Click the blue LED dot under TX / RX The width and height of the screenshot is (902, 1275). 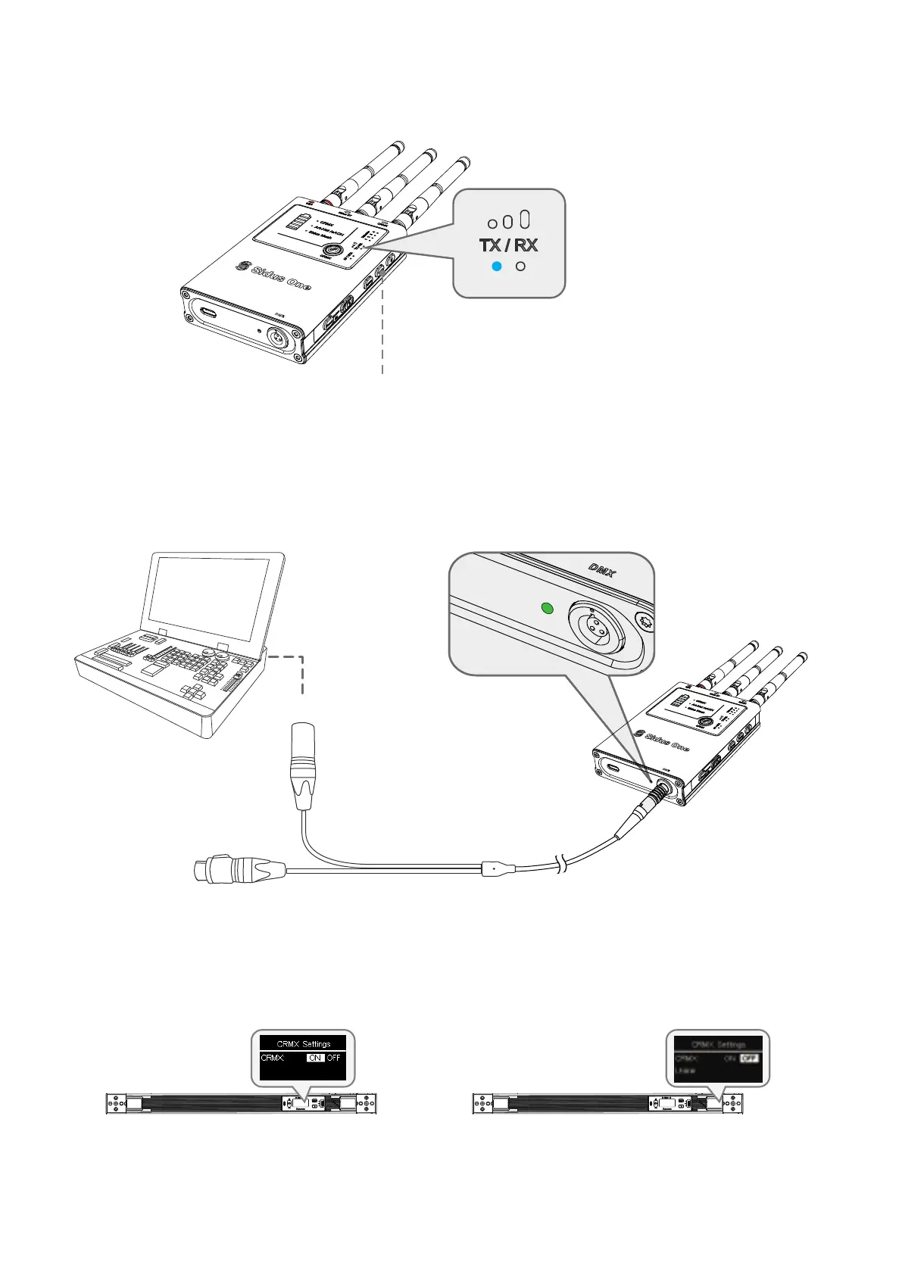[x=496, y=267]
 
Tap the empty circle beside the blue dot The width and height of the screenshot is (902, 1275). [x=520, y=267]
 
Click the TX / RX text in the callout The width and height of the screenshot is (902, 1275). [x=508, y=245]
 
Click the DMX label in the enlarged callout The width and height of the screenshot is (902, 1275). [x=603, y=569]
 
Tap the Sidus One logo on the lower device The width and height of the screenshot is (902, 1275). [x=663, y=740]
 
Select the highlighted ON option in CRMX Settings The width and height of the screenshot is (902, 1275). [x=315, y=1058]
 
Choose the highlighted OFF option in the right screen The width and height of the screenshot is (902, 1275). [x=750, y=1058]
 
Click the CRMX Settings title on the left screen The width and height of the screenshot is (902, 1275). [x=303, y=1043]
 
